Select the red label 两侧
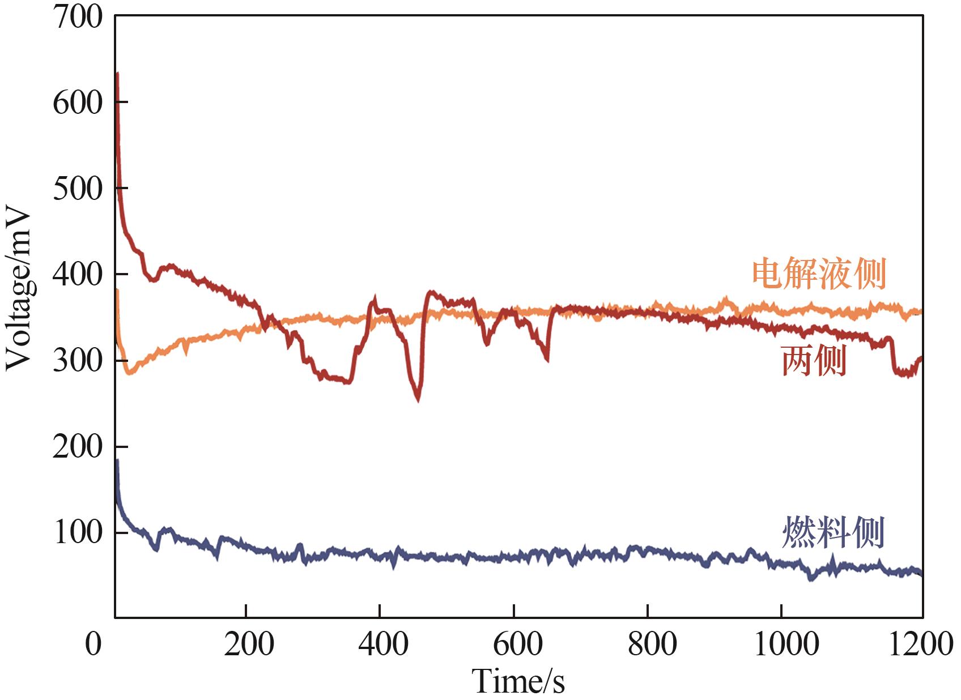(814, 361)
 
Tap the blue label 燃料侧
(832, 532)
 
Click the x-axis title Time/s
(518, 680)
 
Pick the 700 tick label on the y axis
(78, 17)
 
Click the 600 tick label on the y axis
(78, 103)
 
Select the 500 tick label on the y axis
(78, 189)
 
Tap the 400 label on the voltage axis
(78, 275)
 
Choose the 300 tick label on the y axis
(78, 361)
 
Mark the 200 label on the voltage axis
(78, 447)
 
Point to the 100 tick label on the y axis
(78, 533)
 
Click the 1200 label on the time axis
(920, 644)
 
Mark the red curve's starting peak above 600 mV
(117, 74)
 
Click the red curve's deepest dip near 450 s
(418, 398)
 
